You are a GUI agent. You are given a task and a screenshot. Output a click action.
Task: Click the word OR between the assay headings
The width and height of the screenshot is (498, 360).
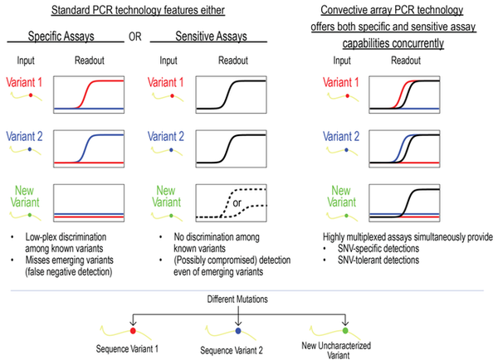click(x=132, y=36)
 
